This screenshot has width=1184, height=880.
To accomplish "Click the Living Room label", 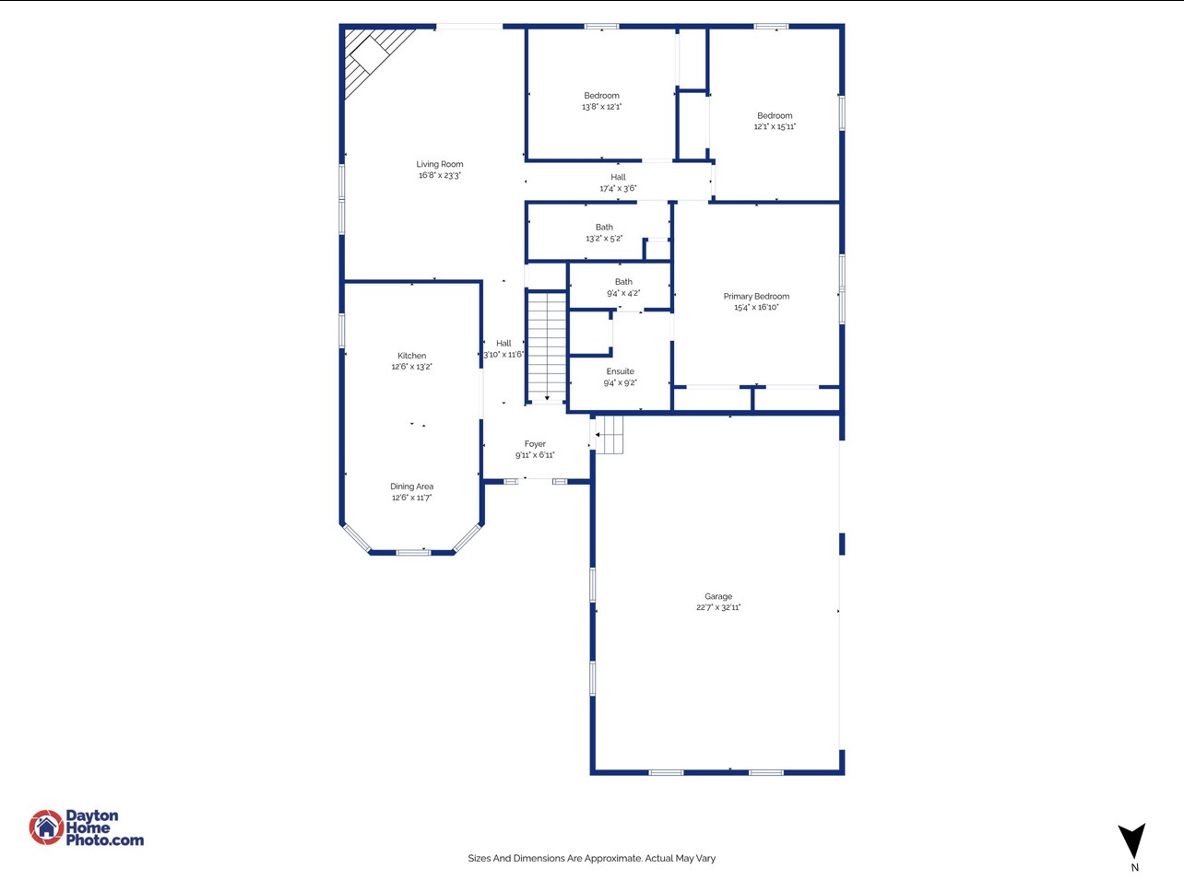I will point(440,164).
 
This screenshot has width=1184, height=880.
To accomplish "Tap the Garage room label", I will point(718,596).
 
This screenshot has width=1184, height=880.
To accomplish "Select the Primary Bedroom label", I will point(756,297).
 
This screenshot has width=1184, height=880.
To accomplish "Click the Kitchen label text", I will point(411,356).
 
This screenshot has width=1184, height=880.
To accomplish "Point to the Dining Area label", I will point(411,487).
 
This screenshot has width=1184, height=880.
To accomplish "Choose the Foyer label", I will point(535,444).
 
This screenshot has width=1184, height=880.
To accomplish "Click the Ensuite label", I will point(620,371).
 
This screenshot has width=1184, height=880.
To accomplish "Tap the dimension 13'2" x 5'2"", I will point(604,239).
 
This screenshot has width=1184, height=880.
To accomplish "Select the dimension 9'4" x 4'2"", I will point(623,293).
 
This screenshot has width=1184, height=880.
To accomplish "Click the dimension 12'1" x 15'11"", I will point(775,127).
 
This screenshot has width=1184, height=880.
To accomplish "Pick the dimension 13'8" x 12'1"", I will point(601,107).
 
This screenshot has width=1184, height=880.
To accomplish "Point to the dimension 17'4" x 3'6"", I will point(618,189).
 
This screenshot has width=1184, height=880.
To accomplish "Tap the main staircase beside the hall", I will point(546,346).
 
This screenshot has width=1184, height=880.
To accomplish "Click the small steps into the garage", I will point(610,434).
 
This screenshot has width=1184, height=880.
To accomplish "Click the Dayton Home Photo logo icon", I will point(46,827).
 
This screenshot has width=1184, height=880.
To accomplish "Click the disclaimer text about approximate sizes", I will point(591,858).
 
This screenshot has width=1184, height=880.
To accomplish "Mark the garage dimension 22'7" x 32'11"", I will point(718,608).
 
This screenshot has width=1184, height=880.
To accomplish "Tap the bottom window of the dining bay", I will point(413,552).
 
